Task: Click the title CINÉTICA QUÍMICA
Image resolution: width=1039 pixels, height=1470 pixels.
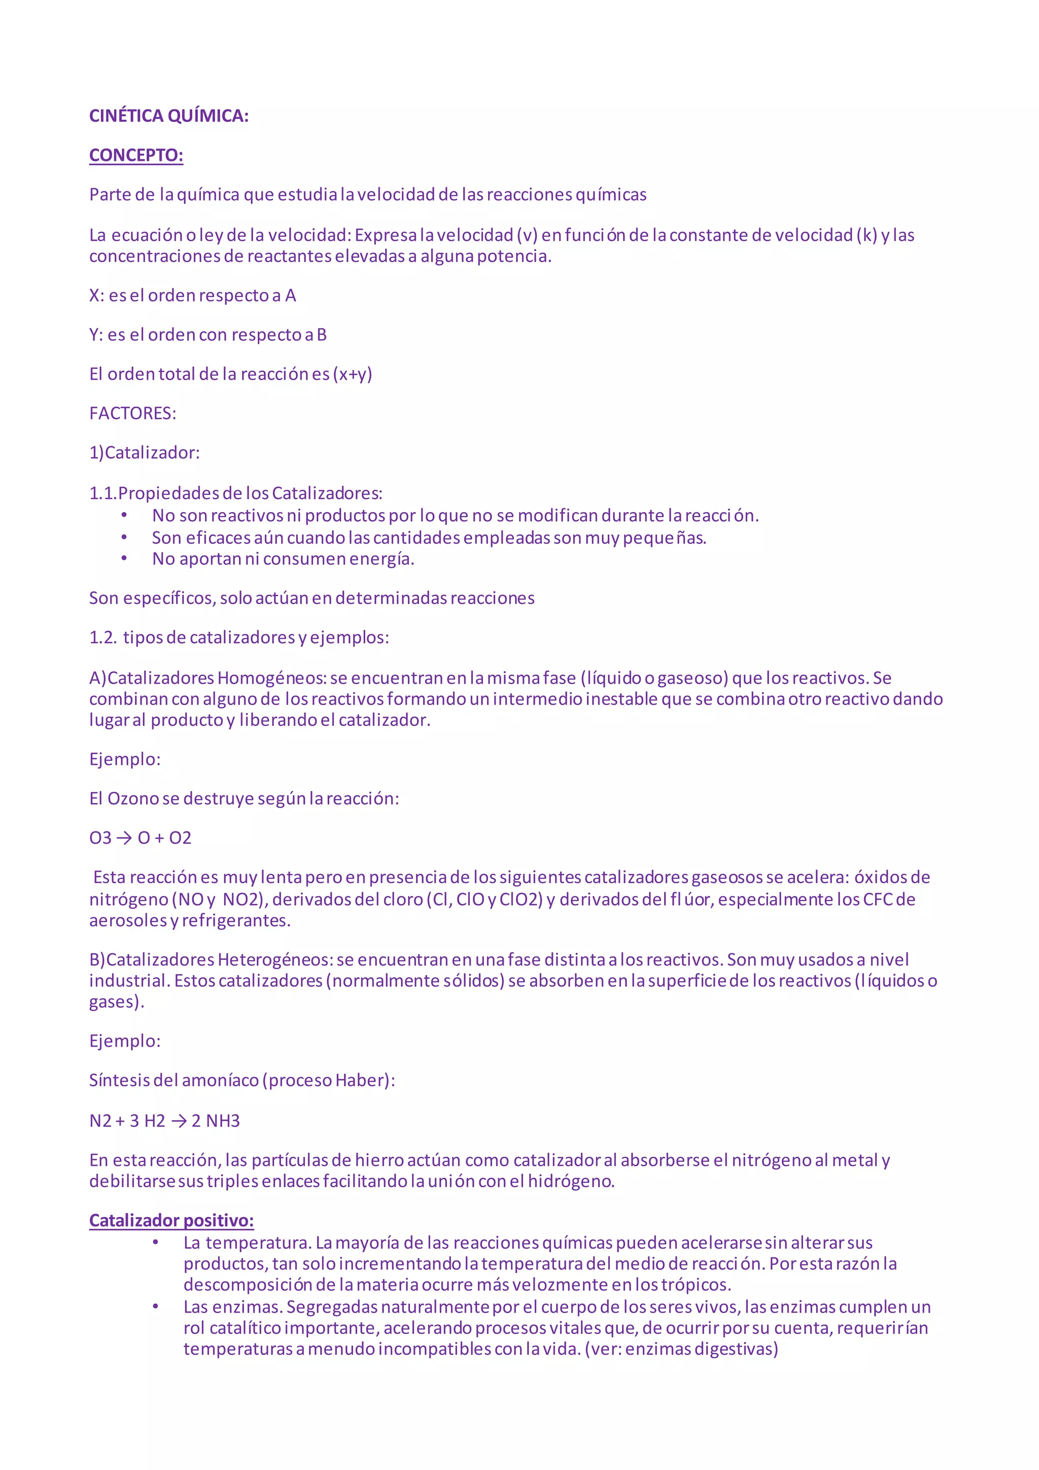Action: (169, 116)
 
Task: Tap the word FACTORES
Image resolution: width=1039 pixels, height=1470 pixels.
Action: (132, 414)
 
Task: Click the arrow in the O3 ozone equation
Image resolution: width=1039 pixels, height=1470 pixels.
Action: (124, 838)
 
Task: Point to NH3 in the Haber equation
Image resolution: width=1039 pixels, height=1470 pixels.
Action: (223, 1121)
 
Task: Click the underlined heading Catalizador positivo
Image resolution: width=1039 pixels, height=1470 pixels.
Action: (171, 1220)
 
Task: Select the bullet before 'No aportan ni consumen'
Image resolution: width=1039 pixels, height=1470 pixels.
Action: (124, 559)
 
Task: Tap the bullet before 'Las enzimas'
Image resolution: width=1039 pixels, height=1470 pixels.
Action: (155, 1306)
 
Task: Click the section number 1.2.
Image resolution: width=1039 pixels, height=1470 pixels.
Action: (102, 638)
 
